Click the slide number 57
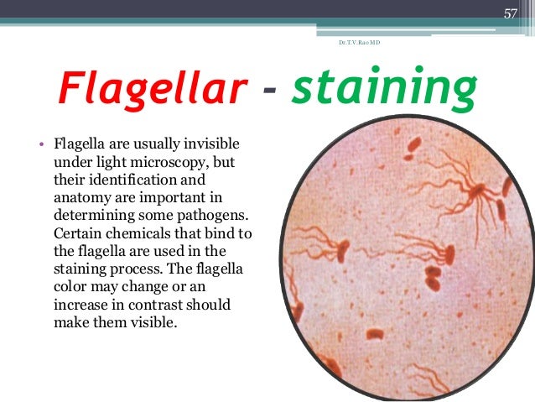point(511,12)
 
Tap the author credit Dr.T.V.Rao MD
point(360,41)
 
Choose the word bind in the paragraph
point(216,231)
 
